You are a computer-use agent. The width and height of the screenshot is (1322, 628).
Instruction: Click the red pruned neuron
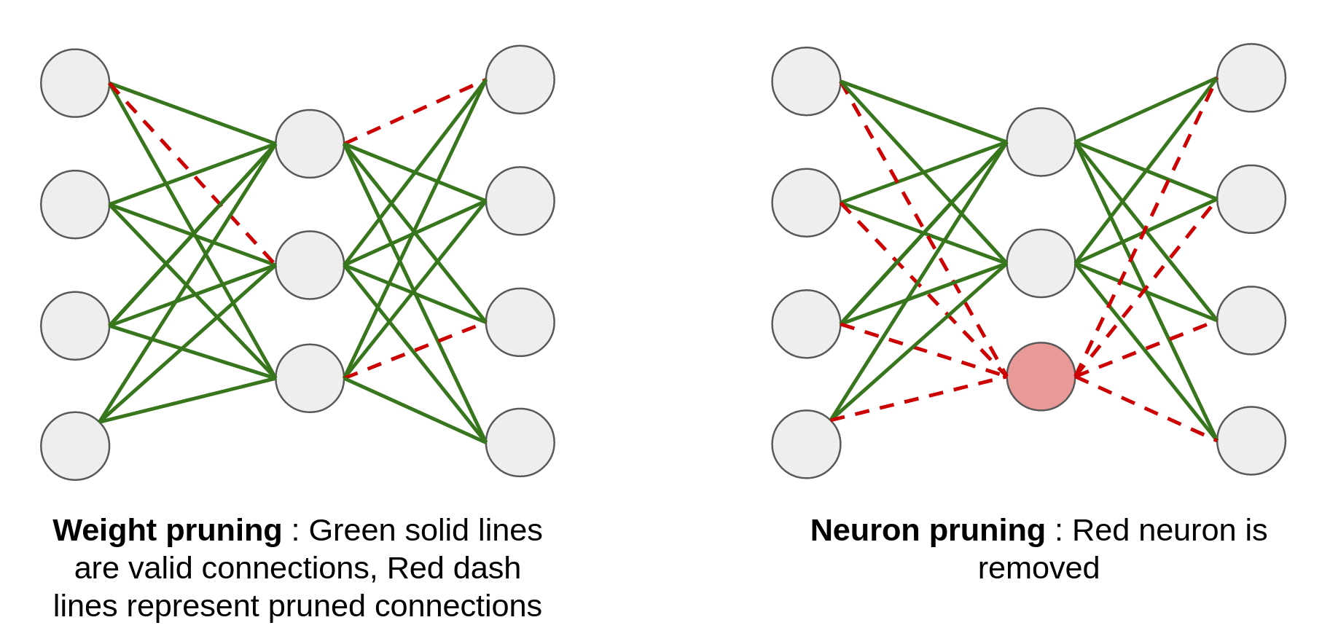1041,377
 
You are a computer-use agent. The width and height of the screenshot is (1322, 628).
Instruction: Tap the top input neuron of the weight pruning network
75,83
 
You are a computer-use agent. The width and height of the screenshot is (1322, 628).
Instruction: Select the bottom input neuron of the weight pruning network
75,446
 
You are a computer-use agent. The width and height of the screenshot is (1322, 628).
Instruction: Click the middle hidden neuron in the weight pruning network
310,265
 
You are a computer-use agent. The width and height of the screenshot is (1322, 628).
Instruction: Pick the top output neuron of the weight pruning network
520,79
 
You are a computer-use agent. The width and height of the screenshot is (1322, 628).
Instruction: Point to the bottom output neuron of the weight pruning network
520,442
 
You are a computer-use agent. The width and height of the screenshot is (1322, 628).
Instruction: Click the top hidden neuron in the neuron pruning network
1041,142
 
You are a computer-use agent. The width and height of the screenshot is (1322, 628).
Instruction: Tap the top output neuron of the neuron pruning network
1251,78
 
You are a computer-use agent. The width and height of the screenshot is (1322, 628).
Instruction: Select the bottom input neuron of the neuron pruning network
806,444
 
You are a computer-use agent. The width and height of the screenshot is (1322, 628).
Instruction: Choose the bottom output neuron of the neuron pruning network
1251,441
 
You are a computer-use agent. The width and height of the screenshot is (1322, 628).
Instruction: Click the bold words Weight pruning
167,530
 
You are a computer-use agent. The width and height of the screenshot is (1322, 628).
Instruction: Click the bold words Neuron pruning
927,530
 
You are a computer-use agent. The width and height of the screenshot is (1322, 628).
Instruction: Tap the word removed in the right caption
1038,568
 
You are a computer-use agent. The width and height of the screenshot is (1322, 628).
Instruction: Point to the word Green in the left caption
352,530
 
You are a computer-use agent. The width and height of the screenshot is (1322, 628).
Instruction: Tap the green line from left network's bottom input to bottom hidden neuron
188,399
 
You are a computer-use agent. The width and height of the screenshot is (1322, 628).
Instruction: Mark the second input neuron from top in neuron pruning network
806,203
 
